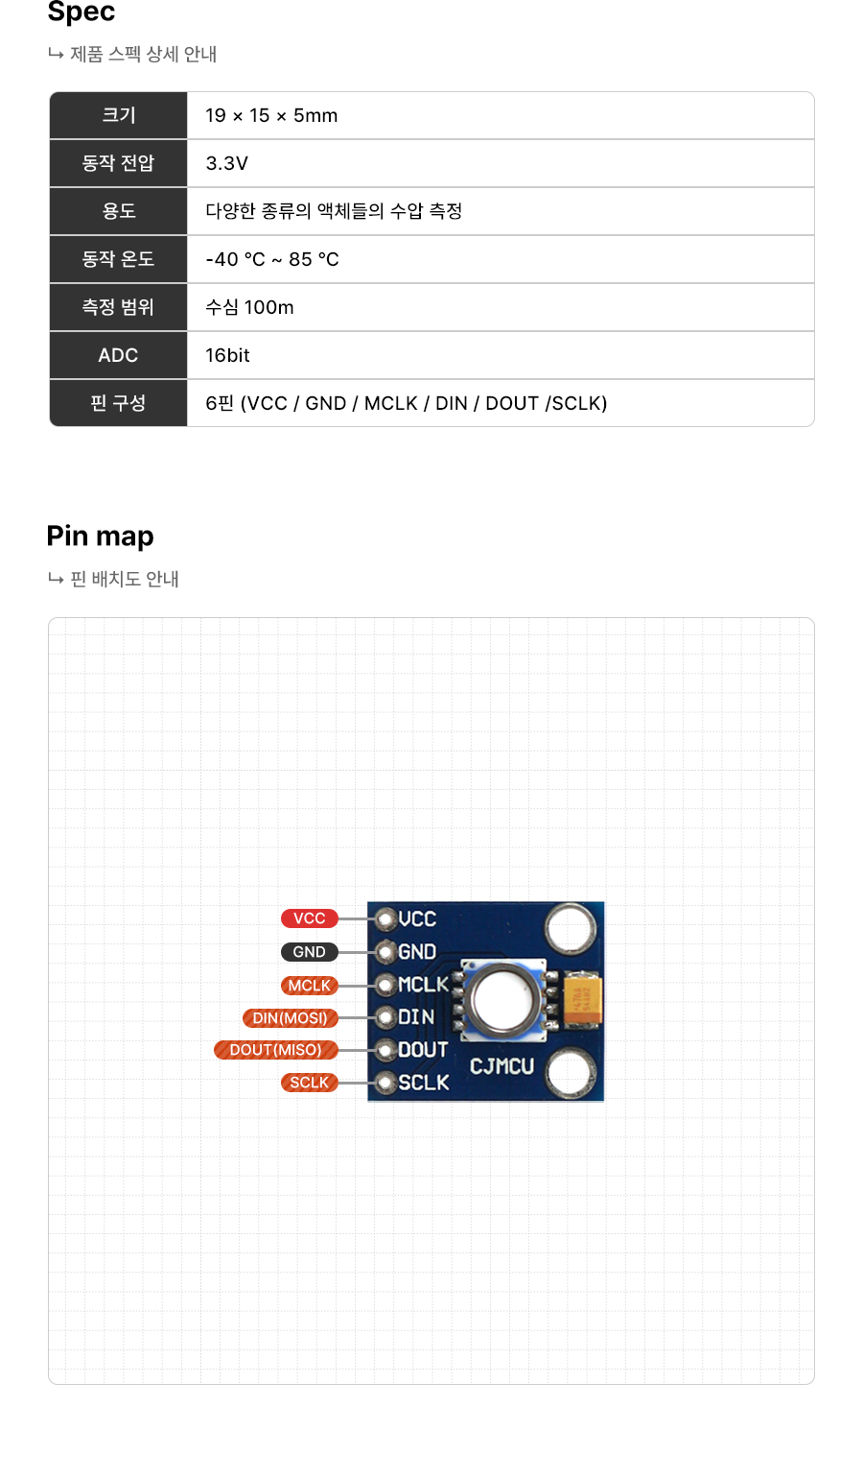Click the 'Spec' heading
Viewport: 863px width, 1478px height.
[82, 12]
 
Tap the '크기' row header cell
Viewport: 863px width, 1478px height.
[118, 115]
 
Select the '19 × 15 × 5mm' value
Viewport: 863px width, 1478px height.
[271, 115]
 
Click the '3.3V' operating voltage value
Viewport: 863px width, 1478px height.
[226, 163]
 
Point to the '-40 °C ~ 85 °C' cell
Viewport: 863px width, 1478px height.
[272, 259]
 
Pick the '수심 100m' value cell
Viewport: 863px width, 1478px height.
[249, 307]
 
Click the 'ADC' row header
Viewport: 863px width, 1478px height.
[118, 355]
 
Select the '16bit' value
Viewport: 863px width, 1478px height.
[227, 355]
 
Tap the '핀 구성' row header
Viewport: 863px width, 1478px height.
[118, 403]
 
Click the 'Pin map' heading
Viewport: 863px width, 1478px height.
[101, 536]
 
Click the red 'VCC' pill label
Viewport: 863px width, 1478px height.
[309, 918]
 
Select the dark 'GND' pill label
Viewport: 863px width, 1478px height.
[309, 952]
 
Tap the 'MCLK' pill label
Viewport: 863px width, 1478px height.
[309, 986]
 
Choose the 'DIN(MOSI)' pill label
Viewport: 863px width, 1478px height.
[290, 1018]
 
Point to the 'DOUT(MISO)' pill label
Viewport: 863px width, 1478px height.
[275, 1050]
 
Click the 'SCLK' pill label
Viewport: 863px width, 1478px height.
[309, 1083]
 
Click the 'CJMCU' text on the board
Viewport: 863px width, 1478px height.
[501, 1066]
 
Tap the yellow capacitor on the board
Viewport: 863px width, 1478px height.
[582, 997]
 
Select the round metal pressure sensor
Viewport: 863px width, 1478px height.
[503, 999]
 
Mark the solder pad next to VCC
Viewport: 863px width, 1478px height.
[385, 919]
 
